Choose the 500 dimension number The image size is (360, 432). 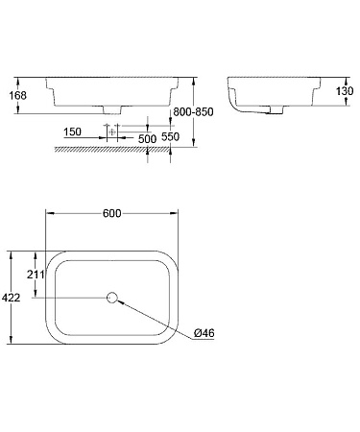point(146,139)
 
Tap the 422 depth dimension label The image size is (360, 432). point(11,299)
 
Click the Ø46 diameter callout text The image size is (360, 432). point(204,333)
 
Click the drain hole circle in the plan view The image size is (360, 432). point(112,298)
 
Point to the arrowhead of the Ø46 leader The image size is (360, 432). point(121,301)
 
